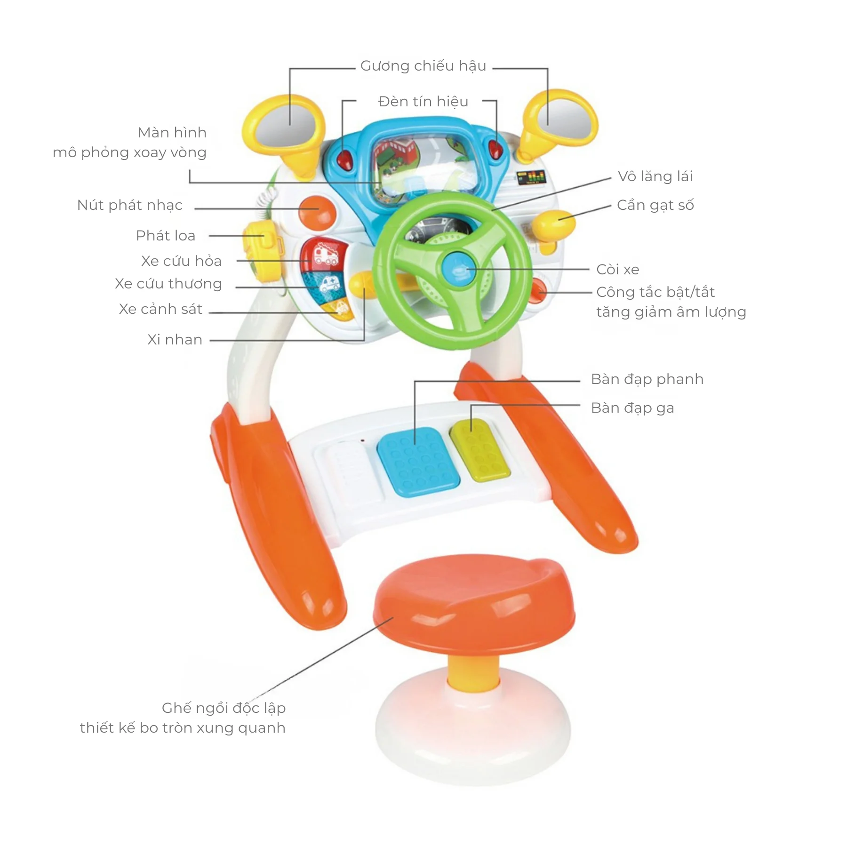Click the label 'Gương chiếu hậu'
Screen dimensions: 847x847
(x=423, y=66)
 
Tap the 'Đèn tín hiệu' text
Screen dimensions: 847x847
(x=423, y=102)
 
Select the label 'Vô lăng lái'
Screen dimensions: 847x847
(x=655, y=176)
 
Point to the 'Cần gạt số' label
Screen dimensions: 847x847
(x=655, y=206)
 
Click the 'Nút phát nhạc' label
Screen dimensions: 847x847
(x=130, y=206)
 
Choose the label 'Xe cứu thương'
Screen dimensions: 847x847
(x=168, y=284)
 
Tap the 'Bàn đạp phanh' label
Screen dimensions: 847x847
(x=647, y=379)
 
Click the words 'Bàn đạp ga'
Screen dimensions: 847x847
(x=632, y=408)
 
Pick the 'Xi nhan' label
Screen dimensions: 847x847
(x=175, y=340)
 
